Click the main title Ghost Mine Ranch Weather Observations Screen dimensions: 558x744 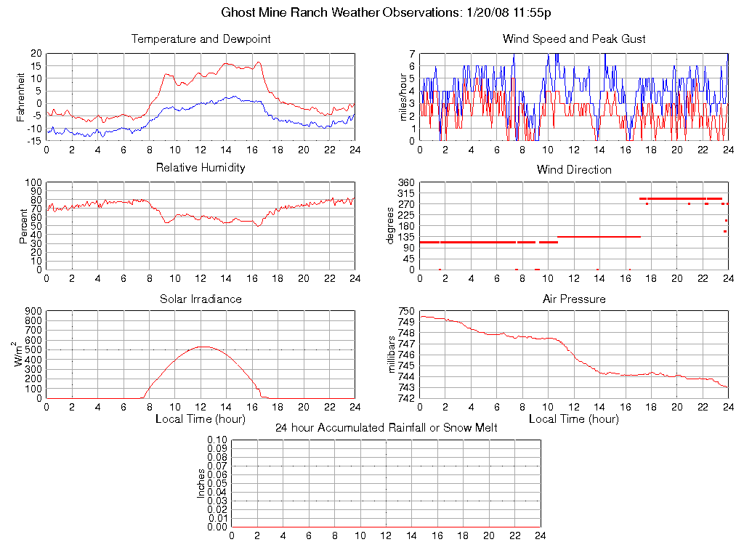click(x=391, y=13)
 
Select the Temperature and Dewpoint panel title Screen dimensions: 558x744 click(x=201, y=39)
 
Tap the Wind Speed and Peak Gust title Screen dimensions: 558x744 click(x=574, y=39)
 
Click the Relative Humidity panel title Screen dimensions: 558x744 click(x=201, y=168)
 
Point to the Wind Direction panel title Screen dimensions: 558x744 click(x=574, y=170)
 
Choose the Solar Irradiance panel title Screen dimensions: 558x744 click(x=201, y=299)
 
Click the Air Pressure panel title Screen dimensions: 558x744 click(x=574, y=299)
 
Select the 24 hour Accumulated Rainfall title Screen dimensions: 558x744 click(x=386, y=428)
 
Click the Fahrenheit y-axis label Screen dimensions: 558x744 click(x=22, y=92)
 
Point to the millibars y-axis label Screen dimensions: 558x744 click(x=395, y=355)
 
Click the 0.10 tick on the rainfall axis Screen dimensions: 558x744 click(x=217, y=440)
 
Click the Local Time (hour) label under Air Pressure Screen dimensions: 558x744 click(x=574, y=419)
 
